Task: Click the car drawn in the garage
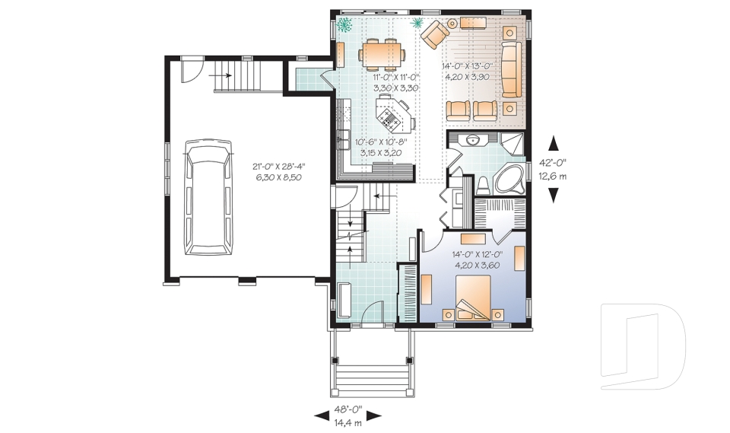coord(208,196)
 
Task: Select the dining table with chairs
coord(381,53)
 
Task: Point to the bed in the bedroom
coord(471,297)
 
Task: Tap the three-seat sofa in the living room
coord(509,70)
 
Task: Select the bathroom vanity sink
coord(473,139)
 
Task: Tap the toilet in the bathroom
coord(483,184)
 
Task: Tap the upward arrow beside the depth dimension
coord(553,142)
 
